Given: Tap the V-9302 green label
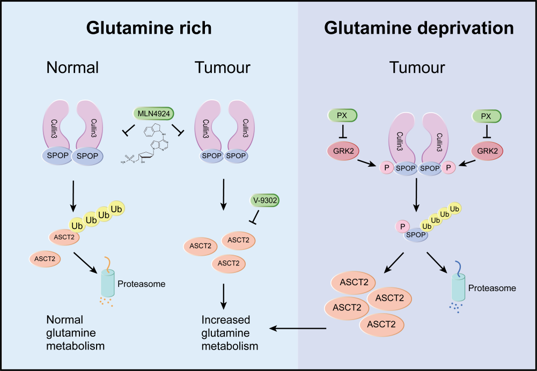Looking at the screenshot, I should [265, 201].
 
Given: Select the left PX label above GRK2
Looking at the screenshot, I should [342, 115].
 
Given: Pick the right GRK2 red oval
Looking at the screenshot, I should [487, 151].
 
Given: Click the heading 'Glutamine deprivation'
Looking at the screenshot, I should [418, 28].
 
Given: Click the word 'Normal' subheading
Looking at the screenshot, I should [72, 68].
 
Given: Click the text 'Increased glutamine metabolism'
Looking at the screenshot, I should [230, 333].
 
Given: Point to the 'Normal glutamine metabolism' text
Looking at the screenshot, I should [75, 333].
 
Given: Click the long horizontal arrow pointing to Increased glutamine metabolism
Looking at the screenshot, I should [298, 328].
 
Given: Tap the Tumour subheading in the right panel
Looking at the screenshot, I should [417, 68].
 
